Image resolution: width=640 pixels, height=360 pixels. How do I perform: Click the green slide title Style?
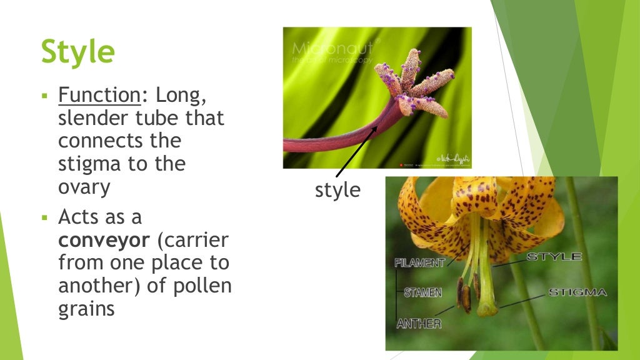click(x=77, y=51)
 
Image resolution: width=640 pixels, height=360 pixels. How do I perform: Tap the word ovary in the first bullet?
click(x=84, y=187)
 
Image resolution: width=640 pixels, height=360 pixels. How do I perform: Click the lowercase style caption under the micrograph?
click(x=337, y=190)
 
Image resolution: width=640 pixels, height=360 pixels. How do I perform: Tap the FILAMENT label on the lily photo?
click(x=419, y=262)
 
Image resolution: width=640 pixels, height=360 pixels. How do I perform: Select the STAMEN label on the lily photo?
click(x=423, y=292)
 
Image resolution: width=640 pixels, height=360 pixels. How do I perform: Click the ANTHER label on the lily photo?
click(x=419, y=324)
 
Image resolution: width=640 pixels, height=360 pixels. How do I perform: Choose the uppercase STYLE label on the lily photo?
click(x=554, y=257)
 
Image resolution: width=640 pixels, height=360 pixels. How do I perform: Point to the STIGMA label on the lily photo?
click(x=577, y=292)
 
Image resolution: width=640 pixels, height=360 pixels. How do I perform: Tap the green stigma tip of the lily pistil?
click(x=487, y=308)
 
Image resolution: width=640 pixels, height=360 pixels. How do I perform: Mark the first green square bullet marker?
click(x=45, y=97)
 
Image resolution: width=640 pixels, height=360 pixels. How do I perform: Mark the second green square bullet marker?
click(x=45, y=218)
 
